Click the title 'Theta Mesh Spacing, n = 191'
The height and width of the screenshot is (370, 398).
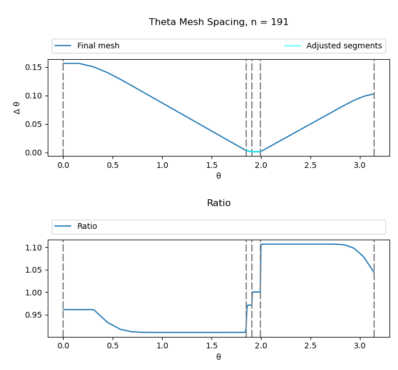[x=218, y=22]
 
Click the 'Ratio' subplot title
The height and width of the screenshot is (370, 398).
[x=218, y=203]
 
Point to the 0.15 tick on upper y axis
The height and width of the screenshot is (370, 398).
[x=34, y=67]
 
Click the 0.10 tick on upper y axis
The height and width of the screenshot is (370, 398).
[x=34, y=96]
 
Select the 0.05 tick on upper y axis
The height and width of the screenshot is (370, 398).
[x=34, y=124]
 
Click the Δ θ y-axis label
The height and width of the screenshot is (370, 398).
[x=17, y=108]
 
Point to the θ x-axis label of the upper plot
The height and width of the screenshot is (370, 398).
[x=218, y=176]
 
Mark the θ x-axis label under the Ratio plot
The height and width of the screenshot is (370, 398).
[x=218, y=357]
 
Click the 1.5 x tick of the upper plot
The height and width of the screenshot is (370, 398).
[x=211, y=165]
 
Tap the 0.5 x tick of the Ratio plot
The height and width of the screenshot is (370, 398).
[x=113, y=346]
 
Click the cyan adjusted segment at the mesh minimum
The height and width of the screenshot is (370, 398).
[x=254, y=151]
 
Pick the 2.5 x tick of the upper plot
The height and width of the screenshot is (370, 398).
[x=310, y=165]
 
